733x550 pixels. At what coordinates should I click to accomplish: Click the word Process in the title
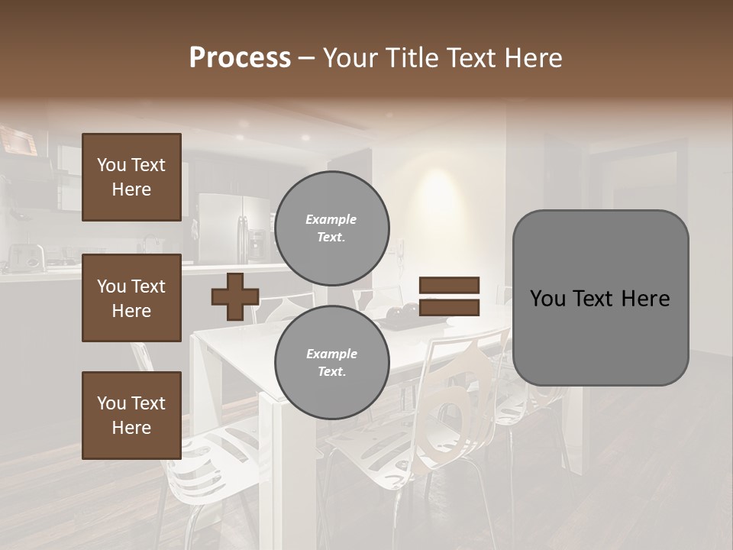[x=240, y=58]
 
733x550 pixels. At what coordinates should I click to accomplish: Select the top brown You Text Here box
[x=131, y=177]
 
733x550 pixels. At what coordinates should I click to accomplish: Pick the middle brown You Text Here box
[x=131, y=298]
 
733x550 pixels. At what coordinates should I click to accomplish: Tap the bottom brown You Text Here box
[x=131, y=416]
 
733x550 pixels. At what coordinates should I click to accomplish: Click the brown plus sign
[x=235, y=296]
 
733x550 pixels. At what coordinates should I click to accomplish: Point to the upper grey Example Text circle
[x=331, y=228]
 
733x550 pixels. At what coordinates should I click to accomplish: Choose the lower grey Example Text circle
[x=331, y=363]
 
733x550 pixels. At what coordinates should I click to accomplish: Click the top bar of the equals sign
[x=449, y=286]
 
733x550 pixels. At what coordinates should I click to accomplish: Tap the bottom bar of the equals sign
[x=449, y=307]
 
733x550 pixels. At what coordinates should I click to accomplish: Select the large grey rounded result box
[x=600, y=298]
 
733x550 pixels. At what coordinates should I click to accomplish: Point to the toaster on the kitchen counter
[x=27, y=257]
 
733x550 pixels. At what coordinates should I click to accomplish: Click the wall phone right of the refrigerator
[x=399, y=249]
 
